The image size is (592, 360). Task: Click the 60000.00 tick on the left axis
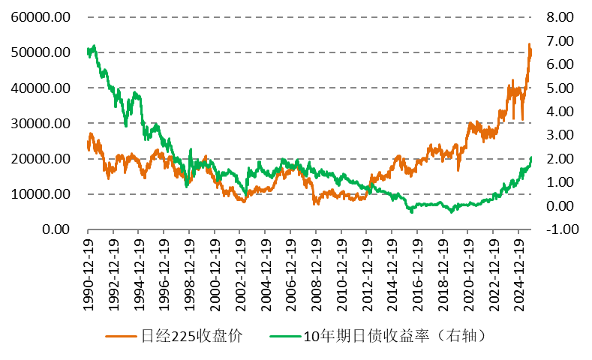(42, 16)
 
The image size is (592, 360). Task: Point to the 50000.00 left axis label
(42, 52)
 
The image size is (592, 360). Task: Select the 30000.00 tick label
(42, 123)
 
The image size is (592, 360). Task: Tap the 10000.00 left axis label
(42, 194)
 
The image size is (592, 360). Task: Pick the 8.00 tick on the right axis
(557, 16)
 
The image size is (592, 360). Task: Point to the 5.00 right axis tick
(557, 88)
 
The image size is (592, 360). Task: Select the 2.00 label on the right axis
(557, 158)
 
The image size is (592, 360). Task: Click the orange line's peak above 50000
(529, 44)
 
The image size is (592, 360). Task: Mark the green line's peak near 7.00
(93, 46)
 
